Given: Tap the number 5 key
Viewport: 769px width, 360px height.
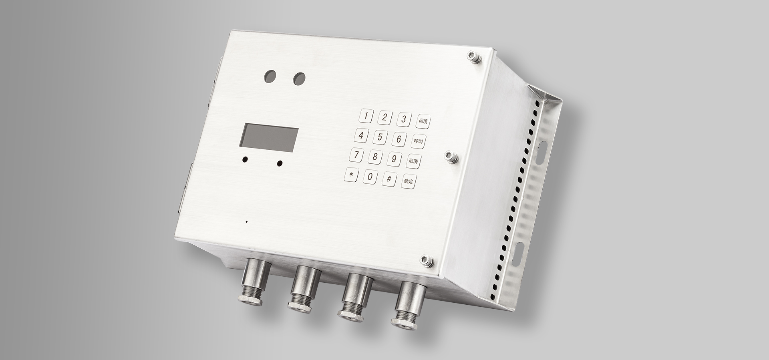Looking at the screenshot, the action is click(380, 137).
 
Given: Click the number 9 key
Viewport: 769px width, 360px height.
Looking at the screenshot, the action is click(394, 159).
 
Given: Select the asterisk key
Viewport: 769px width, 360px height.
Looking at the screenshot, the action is click(351, 174).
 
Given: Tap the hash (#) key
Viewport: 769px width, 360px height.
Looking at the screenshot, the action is click(389, 179).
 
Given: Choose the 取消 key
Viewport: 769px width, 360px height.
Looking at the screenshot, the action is click(413, 161).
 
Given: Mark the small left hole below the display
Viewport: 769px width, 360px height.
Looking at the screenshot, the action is click(245, 160).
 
